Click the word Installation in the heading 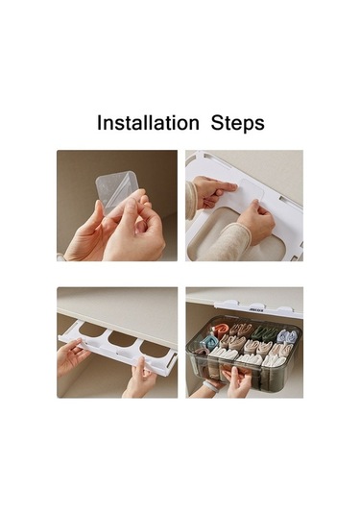point(148,123)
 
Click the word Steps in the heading point(237,123)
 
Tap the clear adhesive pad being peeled point(119,192)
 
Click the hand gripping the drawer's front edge point(237,381)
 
